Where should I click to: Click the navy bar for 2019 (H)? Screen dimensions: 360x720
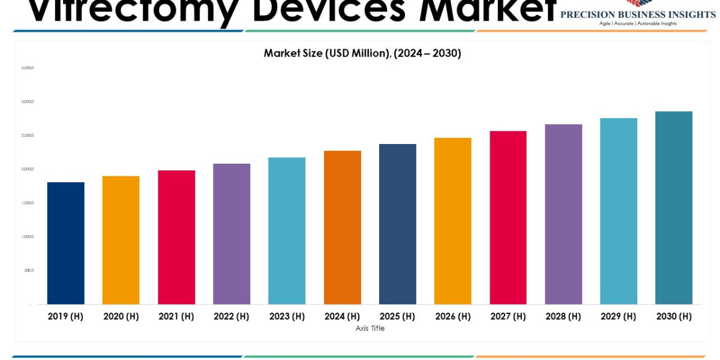pyautogui.click(x=66, y=243)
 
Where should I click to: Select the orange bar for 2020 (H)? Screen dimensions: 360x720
pyautogui.click(x=121, y=240)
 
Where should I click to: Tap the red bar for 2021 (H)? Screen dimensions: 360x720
pyautogui.click(x=176, y=237)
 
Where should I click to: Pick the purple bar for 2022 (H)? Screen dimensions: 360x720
pyautogui.click(x=232, y=234)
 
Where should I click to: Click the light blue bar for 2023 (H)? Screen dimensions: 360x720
pyautogui.click(x=287, y=231)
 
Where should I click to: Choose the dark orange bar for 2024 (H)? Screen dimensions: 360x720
pyautogui.click(x=343, y=227)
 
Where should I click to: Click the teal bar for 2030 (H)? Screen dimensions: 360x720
pyautogui.click(x=674, y=208)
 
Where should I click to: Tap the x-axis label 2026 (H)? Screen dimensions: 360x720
pyautogui.click(x=453, y=316)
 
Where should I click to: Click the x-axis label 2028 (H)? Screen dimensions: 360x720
pyautogui.click(x=563, y=316)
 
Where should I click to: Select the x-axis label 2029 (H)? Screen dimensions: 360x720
pyautogui.click(x=619, y=316)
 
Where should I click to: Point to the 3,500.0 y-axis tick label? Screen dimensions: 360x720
pyautogui.click(x=28, y=68)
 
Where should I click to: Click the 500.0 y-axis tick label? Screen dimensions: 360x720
pyautogui.click(x=29, y=270)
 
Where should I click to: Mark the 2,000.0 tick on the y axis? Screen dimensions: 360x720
pyautogui.click(x=28, y=169)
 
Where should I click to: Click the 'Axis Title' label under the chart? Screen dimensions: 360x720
pyautogui.click(x=370, y=328)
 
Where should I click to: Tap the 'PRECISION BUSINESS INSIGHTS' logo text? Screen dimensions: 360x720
pyautogui.click(x=638, y=14)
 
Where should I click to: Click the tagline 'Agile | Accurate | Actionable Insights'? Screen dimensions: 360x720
pyautogui.click(x=638, y=23)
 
